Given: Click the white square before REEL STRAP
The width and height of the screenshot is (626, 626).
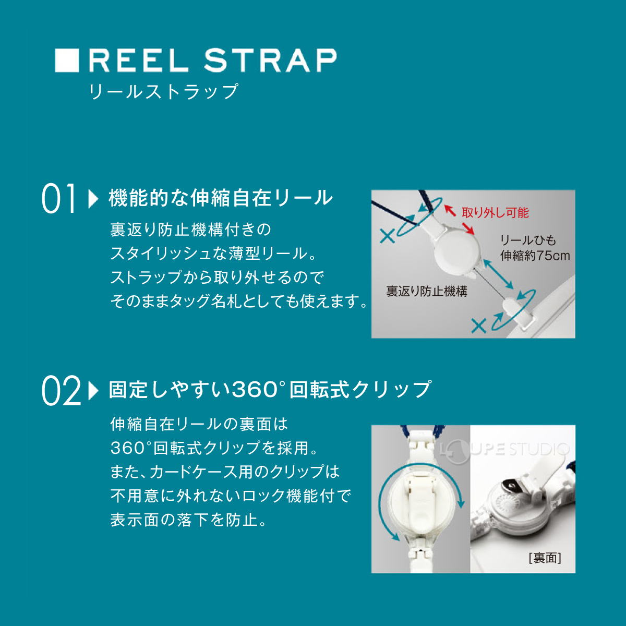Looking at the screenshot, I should click(x=67, y=61).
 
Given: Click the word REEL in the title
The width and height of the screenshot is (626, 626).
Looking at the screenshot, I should click(x=139, y=61).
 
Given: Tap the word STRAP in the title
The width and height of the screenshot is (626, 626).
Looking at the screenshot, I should click(x=270, y=61).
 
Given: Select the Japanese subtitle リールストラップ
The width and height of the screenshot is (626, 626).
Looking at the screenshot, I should click(x=163, y=92).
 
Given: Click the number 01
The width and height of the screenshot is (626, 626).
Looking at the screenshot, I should click(x=59, y=199).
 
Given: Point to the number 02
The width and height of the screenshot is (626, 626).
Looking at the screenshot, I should click(x=61, y=391).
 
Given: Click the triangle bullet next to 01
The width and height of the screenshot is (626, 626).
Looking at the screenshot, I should click(x=93, y=199).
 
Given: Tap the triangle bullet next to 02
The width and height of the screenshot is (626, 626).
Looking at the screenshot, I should click(x=93, y=391).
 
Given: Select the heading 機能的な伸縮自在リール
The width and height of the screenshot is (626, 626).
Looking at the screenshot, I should click(x=221, y=198).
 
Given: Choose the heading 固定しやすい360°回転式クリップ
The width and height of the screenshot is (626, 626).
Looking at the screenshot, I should click(x=270, y=390).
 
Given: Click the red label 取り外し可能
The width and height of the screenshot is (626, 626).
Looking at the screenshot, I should click(x=495, y=213).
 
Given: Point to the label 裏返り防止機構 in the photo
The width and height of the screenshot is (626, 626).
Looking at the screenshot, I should click(x=426, y=292).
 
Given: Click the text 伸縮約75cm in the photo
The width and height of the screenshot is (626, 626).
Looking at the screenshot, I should click(x=535, y=256).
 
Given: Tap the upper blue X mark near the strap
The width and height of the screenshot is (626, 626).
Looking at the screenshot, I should click(x=387, y=236).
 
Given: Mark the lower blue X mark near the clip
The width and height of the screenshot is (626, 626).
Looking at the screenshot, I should click(x=478, y=326).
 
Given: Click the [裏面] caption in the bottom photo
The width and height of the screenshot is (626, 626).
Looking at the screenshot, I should click(x=545, y=558).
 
